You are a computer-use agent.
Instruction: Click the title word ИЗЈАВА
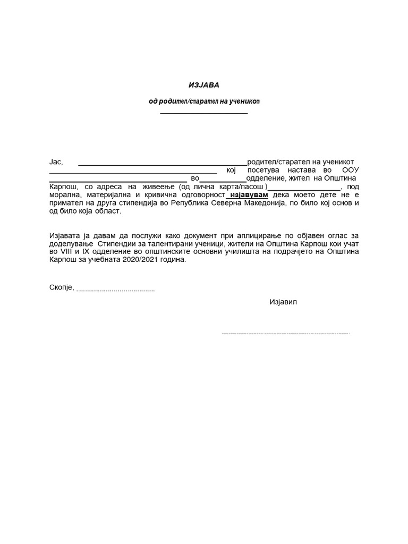[204, 84]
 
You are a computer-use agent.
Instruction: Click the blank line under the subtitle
[204, 113]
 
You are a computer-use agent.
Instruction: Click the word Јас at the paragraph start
[56, 161]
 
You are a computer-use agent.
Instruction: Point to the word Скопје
[61, 288]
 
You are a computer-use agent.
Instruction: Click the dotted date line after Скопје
[116, 291]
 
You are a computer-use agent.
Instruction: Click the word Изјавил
[284, 302]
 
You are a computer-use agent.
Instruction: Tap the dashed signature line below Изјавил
[285, 334]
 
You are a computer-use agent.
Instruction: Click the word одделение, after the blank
[266, 178]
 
